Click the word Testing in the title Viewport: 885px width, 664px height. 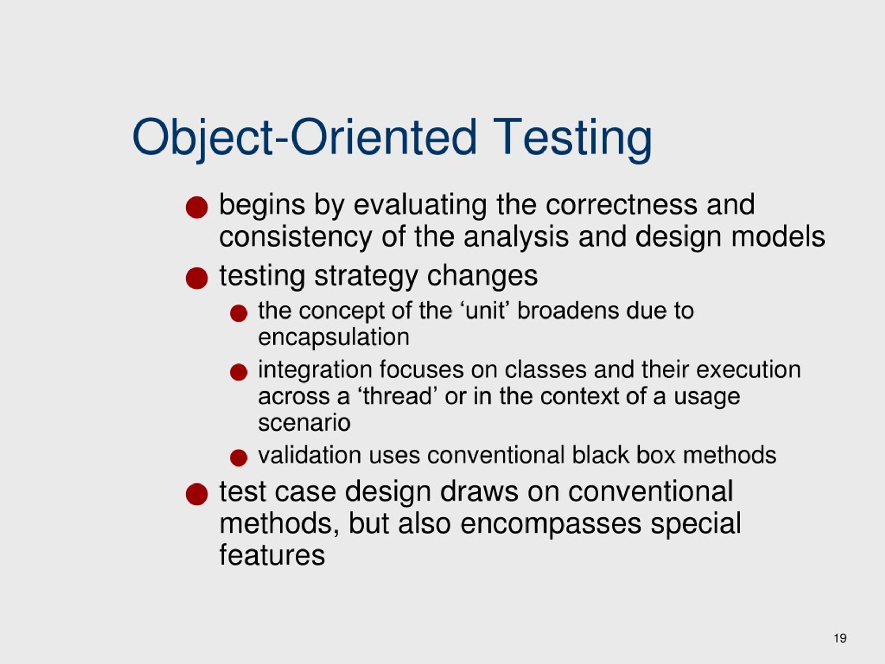click(572, 137)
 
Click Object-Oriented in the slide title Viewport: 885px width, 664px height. click(304, 137)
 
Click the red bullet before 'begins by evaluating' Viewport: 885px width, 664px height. click(197, 207)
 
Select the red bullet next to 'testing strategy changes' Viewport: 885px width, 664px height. click(197, 278)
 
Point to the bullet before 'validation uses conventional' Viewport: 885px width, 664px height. click(239, 458)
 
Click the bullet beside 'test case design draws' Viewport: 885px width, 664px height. click(197, 494)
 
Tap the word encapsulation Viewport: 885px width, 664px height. click(334, 338)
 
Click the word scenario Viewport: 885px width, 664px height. click(304, 423)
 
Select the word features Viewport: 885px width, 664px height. click(272, 555)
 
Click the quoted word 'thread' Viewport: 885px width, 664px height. click(398, 396)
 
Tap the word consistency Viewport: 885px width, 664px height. click(295, 237)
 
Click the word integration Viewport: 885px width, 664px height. click(315, 369)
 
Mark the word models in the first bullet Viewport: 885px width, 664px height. click(778, 237)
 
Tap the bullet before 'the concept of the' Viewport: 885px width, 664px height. click(239, 313)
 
